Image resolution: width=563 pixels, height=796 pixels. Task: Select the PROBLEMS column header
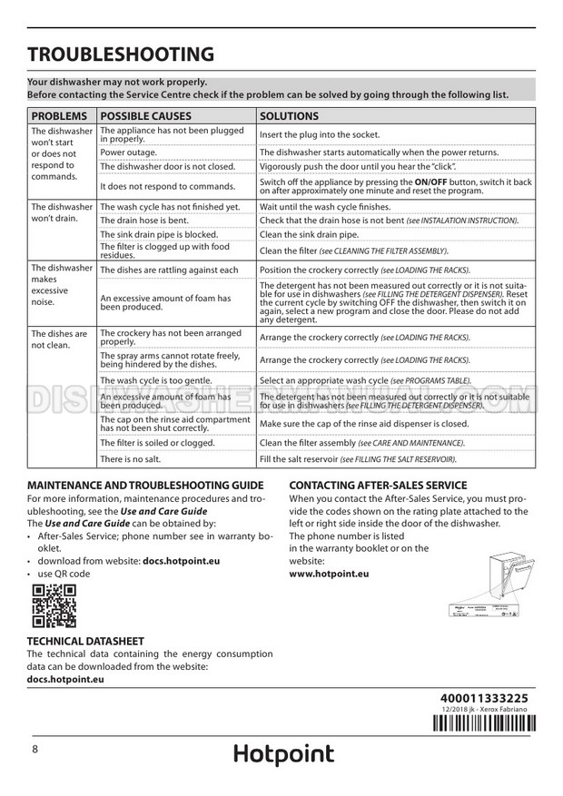click(x=60, y=116)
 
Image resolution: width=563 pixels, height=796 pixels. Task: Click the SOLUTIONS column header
click(x=289, y=116)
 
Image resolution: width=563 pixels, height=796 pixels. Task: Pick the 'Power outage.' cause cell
click(x=128, y=152)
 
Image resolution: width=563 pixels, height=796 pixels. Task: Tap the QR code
click(x=54, y=606)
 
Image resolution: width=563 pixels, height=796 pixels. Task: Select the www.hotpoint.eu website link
click(x=328, y=575)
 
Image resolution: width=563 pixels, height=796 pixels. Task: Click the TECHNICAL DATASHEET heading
click(x=85, y=641)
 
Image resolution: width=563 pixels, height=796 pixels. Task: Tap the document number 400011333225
click(x=483, y=696)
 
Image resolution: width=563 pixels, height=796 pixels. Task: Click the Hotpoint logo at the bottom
click(x=283, y=754)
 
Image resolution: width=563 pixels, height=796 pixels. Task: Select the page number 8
click(x=35, y=749)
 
